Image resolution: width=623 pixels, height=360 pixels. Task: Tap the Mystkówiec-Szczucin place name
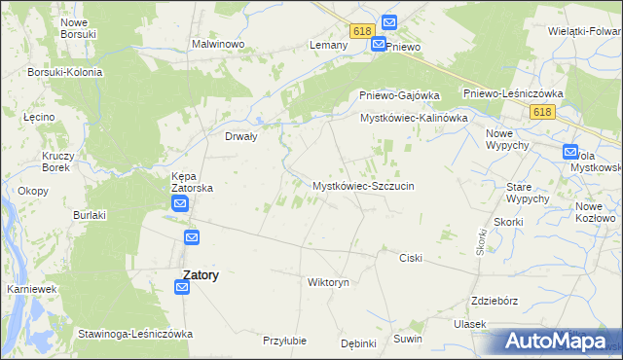[363, 185]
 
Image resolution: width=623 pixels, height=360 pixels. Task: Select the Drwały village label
[240, 137]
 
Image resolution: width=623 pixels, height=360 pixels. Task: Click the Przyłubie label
[285, 341]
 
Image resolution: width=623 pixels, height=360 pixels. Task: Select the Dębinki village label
[358, 343]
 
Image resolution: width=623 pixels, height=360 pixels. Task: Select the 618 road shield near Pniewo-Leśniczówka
[543, 113]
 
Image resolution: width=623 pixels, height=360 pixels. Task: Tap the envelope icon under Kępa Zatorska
[180, 203]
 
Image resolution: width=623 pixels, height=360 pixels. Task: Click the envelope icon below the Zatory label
[183, 287]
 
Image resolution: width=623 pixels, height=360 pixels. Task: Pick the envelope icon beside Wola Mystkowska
[569, 152]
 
